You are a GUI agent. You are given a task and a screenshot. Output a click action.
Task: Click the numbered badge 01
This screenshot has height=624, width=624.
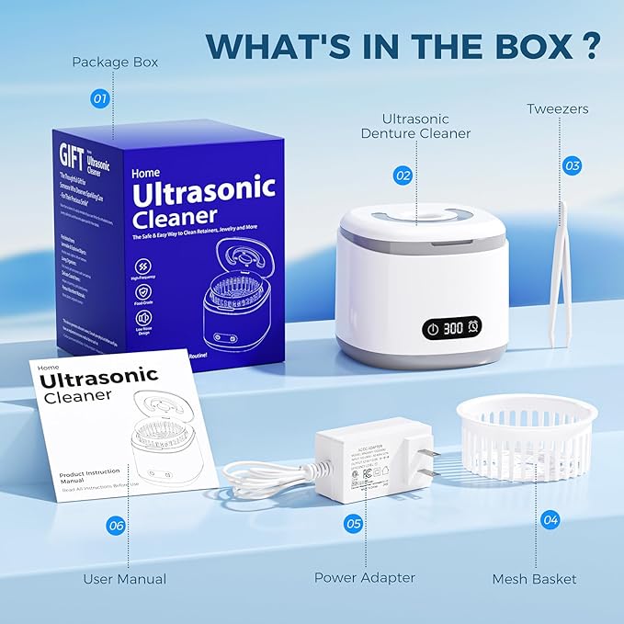pos(100,96)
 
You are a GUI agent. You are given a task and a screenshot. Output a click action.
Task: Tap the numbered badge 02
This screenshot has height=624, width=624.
pos(403,175)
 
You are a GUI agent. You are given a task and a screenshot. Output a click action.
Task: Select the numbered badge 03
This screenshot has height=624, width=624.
pos(572,165)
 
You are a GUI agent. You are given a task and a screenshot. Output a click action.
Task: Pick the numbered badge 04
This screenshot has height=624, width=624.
pos(550,519)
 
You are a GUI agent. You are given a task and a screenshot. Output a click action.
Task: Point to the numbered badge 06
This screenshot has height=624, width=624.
pos(116,525)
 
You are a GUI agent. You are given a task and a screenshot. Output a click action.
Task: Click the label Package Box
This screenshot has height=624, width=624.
pos(116,62)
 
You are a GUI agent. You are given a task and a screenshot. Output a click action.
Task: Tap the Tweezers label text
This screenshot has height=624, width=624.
pos(558,109)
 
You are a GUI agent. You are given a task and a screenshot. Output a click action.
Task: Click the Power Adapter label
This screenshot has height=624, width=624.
pos(365,578)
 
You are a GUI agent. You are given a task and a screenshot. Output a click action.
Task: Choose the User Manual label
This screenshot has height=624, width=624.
pos(125,579)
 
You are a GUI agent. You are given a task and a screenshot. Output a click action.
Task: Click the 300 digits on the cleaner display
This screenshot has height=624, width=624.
pos(453,327)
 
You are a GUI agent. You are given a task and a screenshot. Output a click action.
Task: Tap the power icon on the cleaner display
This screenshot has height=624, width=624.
pos(431,327)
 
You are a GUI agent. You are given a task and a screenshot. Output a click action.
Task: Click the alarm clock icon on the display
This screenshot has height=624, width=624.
pos(473,327)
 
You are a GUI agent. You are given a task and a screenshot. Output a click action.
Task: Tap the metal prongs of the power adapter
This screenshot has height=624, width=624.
pos(425,459)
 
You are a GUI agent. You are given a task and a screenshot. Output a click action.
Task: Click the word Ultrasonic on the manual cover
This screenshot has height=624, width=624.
pos(98,378)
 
